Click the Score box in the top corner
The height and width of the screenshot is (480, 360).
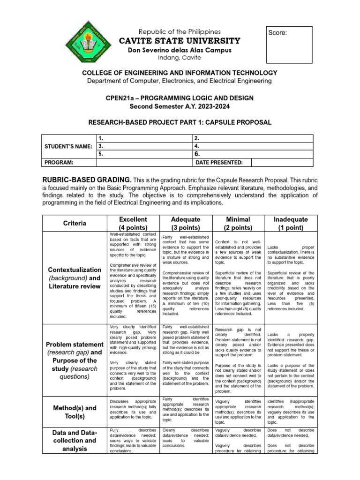tap(289, 45)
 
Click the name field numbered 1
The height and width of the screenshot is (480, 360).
tap(144, 138)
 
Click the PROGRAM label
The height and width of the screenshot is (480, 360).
tap(59, 162)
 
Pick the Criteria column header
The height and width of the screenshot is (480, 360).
tap(74, 224)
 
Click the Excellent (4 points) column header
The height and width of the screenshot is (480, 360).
tap(133, 224)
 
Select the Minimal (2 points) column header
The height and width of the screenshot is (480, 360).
tap(238, 224)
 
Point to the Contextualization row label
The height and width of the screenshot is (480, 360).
tap(74, 278)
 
